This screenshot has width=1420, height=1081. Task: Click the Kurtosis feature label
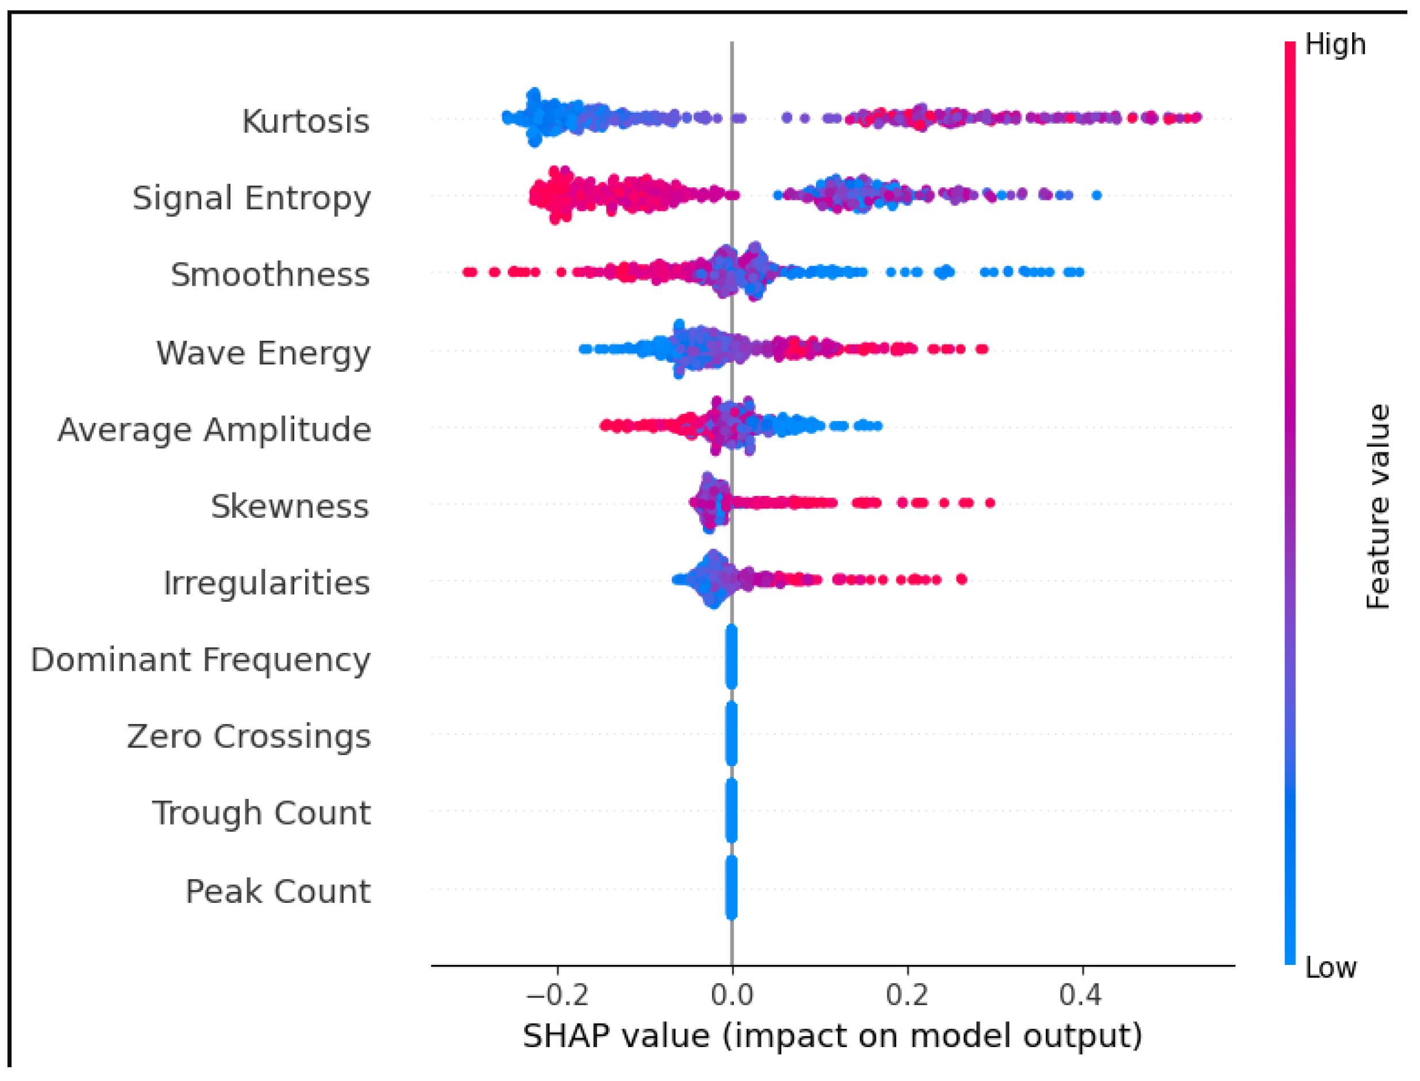click(x=306, y=121)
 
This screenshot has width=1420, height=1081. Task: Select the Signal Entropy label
click(x=252, y=198)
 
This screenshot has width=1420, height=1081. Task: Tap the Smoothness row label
click(x=270, y=275)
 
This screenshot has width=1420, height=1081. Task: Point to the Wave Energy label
click(x=264, y=353)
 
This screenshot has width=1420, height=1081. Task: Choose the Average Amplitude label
click(x=214, y=430)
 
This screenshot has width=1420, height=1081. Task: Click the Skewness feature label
click(x=290, y=506)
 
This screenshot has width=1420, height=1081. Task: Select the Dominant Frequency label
click(x=201, y=660)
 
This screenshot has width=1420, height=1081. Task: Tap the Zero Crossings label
click(x=249, y=737)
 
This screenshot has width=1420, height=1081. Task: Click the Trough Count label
click(x=261, y=813)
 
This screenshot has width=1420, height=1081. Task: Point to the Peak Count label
click(x=278, y=891)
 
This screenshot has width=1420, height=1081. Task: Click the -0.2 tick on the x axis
click(x=557, y=995)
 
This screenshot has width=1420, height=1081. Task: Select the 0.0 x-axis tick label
click(x=732, y=995)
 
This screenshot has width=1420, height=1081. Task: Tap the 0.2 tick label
click(x=907, y=995)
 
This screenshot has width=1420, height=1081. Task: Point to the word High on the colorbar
click(x=1335, y=44)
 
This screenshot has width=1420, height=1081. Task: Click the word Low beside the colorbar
click(x=1330, y=968)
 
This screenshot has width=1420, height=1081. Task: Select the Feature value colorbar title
click(x=1377, y=506)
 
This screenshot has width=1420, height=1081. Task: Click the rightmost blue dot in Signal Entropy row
click(x=1097, y=195)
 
